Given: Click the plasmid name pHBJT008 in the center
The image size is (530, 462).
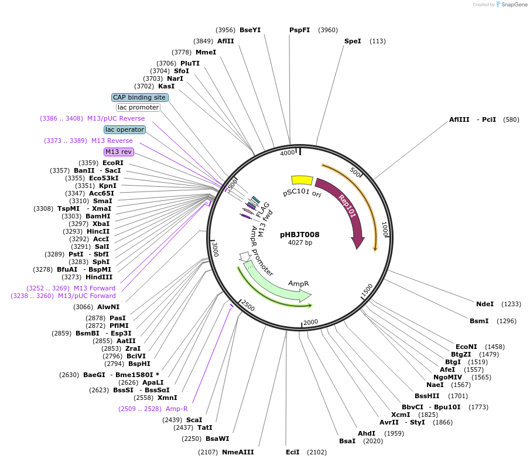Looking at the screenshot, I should (299, 234).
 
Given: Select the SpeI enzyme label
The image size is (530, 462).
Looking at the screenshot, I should (353, 41).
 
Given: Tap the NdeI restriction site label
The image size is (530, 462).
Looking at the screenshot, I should (485, 304).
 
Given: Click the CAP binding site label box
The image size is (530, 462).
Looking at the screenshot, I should (140, 97).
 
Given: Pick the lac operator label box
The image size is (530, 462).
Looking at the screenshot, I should (125, 129).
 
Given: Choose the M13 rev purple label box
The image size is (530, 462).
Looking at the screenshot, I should (119, 152).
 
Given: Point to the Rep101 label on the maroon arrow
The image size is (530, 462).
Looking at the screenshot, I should (347, 206).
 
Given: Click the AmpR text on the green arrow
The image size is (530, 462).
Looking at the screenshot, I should (298, 283).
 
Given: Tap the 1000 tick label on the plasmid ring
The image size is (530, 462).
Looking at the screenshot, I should (385, 229).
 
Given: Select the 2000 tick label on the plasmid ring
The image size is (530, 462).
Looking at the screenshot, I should (310, 322).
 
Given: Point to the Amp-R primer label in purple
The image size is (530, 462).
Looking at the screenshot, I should (177, 409).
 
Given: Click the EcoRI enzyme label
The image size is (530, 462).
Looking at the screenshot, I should (113, 163).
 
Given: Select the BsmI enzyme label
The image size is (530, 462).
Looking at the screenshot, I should (479, 321).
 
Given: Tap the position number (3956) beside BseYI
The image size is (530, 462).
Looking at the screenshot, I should (225, 30).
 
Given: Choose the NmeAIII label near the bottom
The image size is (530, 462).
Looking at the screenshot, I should (238, 452).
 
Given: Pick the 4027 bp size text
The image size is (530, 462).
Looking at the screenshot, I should (300, 242).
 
